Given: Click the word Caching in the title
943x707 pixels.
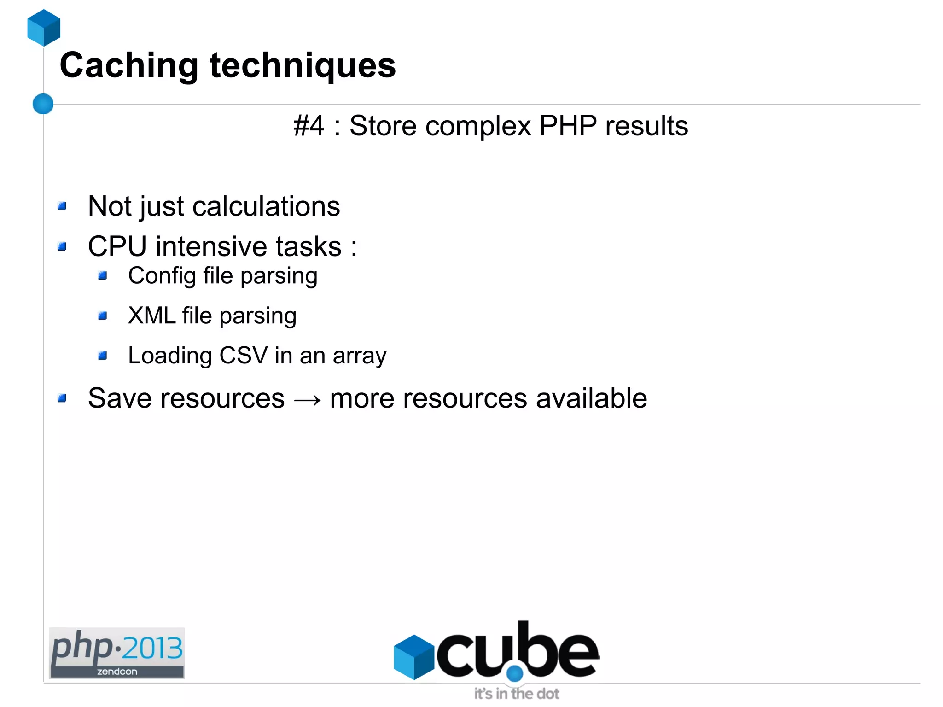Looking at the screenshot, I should [129, 66].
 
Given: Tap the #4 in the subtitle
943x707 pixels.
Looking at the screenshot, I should [309, 126].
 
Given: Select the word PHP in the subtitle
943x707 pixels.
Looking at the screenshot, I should [568, 126].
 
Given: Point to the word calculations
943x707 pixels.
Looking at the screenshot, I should [266, 206].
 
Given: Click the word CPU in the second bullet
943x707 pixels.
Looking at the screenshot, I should [117, 246].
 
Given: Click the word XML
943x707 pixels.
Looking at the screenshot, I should [151, 316].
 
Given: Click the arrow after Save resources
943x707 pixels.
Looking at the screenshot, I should [307, 399].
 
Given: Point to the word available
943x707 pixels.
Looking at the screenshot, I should [591, 398].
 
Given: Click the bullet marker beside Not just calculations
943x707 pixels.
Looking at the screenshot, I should [62, 206].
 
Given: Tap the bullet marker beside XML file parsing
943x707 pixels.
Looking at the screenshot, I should [102, 316].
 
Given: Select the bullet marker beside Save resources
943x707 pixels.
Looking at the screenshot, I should [62, 398].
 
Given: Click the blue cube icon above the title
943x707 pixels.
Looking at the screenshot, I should [44, 28].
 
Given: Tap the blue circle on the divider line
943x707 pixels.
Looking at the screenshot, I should [43, 104].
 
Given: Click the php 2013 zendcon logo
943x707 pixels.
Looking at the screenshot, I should [117, 653].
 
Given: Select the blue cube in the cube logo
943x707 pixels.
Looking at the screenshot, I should [413, 657].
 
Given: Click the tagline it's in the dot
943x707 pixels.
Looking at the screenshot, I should [516, 694].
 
